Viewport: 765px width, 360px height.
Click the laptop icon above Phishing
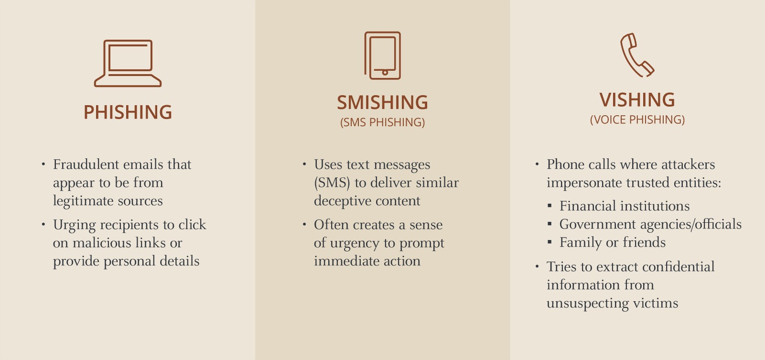tap(128, 82)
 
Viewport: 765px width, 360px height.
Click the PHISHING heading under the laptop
tap(128, 112)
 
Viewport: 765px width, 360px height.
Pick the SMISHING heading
tap(382, 102)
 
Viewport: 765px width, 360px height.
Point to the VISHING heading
tap(637, 100)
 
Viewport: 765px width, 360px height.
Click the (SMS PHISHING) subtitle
tap(382, 122)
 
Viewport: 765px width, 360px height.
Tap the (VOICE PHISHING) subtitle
tap(637, 120)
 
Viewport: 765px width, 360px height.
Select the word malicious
tap(102, 243)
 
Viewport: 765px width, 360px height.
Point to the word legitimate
tap(83, 201)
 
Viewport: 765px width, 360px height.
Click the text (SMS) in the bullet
tap(332, 183)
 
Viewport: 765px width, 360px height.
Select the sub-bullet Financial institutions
tap(625, 206)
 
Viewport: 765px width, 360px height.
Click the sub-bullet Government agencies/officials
tap(650, 224)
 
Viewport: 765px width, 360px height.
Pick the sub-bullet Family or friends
tap(613, 242)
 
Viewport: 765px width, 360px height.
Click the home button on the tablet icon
tap(385, 72)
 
